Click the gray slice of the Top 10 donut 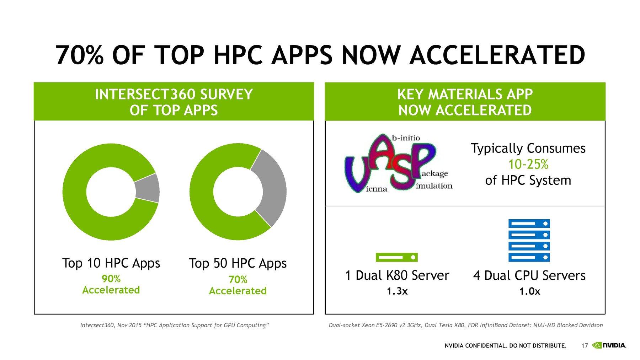(148, 188)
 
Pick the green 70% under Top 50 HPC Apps (238, 279)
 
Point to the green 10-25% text (528, 164)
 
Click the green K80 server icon (396, 257)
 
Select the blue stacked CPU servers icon (529, 240)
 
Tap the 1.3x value (397, 291)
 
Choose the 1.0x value (529, 292)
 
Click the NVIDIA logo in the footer (609, 345)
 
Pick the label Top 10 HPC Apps (111, 263)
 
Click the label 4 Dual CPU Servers (529, 276)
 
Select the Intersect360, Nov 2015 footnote (174, 325)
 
